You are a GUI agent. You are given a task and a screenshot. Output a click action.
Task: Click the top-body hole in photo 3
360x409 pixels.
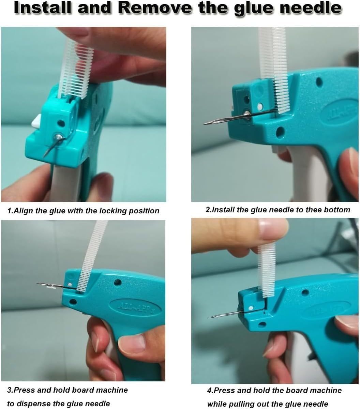[x=118, y=283]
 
